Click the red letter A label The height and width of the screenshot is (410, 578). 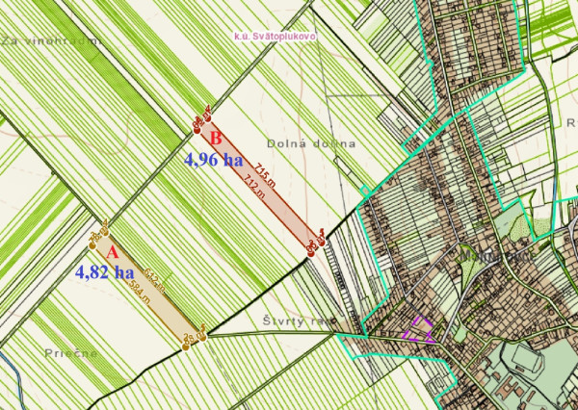point(112,252)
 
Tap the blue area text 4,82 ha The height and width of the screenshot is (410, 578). point(104,272)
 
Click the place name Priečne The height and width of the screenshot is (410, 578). point(66,353)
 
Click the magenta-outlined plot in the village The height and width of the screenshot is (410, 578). point(419,329)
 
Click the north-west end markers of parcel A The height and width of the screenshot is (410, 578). point(98,236)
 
